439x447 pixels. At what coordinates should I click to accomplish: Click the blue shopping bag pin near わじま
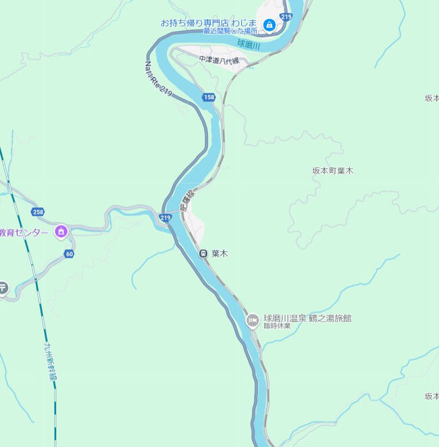[x=269, y=25]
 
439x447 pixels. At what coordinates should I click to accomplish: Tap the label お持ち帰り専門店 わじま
[x=209, y=22]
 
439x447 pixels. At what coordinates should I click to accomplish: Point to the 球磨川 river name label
[x=249, y=44]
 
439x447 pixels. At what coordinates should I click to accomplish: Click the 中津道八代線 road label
[x=219, y=59]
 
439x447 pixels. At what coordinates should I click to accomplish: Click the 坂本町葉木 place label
[x=332, y=171]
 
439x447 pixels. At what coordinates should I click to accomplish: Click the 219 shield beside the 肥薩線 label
[x=165, y=217]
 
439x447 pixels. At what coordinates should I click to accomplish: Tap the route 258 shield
[x=38, y=212]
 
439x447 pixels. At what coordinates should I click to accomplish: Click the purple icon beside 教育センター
[x=61, y=232]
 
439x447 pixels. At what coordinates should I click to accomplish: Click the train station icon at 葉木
[x=203, y=253]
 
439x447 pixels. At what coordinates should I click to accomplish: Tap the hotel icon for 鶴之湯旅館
[x=252, y=319]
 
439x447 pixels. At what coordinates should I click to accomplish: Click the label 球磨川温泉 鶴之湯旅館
[x=307, y=318]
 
